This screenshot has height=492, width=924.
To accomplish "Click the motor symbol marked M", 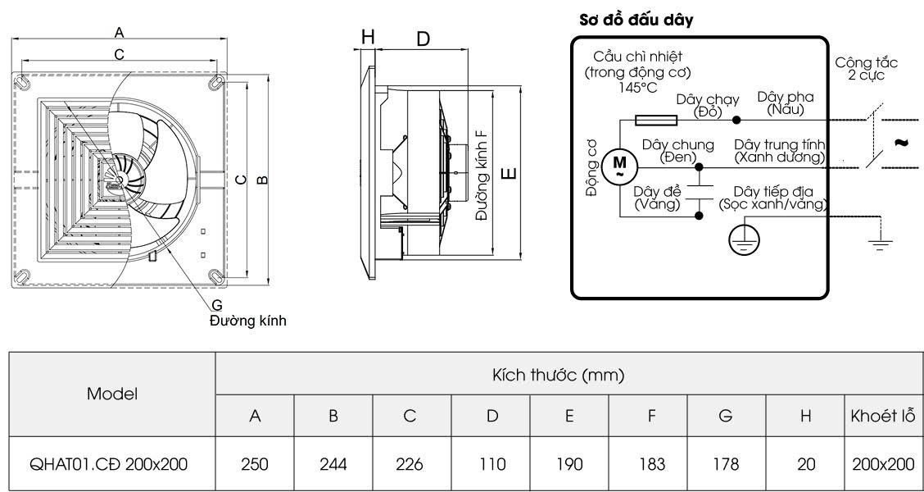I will [619, 166].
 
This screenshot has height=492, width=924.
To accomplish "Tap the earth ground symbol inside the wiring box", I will [745, 239].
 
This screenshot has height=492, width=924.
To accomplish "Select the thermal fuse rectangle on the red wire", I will [656, 121].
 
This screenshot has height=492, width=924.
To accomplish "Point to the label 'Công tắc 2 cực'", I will [866, 68].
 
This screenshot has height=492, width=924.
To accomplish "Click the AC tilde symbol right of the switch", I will [900, 143].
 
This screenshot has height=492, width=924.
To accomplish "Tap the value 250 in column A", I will [255, 464].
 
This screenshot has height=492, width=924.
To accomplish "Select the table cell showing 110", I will [491, 464].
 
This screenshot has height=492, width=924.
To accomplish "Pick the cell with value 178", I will [726, 464].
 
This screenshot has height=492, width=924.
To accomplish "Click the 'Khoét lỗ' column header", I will [883, 416].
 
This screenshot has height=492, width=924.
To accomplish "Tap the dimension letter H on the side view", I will [368, 37].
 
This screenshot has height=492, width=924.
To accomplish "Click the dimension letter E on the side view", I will [509, 173].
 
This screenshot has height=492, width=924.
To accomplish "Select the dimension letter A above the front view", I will [120, 33].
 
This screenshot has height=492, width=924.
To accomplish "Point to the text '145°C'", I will [637, 86].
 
